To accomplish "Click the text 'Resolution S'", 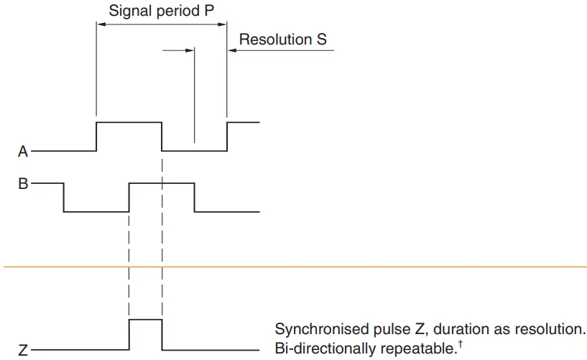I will point(282,40).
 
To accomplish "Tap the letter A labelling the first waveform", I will point(23,152).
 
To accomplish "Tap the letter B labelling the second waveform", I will point(23,184).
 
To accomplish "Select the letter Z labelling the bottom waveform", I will point(23,351).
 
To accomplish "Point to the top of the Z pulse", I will point(145,320).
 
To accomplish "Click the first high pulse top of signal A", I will point(129,123).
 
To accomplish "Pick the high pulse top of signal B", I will point(161,184).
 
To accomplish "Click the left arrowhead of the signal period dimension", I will point(101,24).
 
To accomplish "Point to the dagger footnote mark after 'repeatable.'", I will point(459,344).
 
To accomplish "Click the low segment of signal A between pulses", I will point(194,151).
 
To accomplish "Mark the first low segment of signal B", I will point(96,211).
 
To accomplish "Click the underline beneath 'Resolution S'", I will point(284,51).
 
